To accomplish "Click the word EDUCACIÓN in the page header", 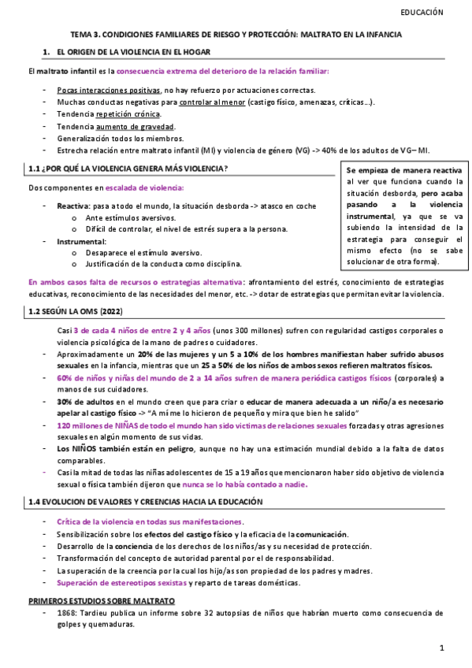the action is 422,13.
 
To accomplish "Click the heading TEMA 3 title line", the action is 236,35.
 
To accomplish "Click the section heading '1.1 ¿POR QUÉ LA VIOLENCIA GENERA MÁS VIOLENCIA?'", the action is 128,169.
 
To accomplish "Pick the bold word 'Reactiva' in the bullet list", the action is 72,206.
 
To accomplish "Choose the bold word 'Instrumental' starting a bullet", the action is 81,241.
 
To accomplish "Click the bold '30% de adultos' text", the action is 82,402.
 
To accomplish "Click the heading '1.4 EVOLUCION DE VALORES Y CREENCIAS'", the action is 145,502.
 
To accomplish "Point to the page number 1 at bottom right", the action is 443,648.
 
